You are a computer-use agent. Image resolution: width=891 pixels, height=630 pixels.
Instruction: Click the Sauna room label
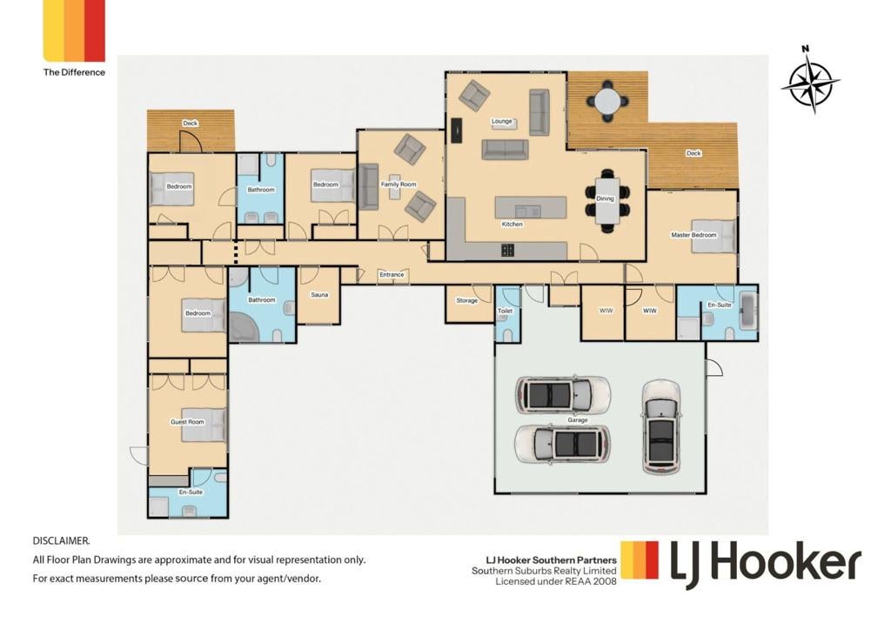(x=319, y=295)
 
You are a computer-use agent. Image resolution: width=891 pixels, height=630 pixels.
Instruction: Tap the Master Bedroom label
(x=693, y=235)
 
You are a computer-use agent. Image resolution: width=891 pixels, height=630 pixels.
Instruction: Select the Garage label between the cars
(x=577, y=420)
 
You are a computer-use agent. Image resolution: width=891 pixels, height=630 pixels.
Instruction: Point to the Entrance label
(x=392, y=275)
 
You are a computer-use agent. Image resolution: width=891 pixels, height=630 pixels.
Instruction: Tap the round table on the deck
(x=607, y=103)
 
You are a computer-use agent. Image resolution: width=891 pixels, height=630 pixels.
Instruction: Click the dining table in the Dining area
(x=607, y=200)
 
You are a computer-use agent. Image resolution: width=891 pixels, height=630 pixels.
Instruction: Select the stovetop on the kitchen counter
(x=508, y=250)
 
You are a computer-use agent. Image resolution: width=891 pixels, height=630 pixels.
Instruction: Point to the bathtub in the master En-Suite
(x=747, y=310)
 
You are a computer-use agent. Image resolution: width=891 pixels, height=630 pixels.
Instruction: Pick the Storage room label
(x=466, y=300)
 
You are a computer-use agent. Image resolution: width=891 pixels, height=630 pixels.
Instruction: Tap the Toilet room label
(x=505, y=312)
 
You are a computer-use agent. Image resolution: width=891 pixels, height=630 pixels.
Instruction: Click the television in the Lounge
(x=456, y=131)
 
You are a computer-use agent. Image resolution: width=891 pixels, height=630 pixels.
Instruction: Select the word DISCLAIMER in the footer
(x=62, y=541)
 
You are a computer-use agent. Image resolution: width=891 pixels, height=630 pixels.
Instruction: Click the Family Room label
(x=399, y=184)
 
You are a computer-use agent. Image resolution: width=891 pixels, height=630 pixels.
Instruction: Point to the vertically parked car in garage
(x=661, y=426)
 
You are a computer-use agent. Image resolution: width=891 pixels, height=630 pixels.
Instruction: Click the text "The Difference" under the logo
(x=74, y=72)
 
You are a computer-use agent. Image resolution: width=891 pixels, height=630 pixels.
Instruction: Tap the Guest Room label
(x=187, y=422)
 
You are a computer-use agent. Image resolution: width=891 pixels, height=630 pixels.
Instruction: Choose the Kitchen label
(x=512, y=225)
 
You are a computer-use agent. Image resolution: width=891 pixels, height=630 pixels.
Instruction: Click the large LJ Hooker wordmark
(x=766, y=564)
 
